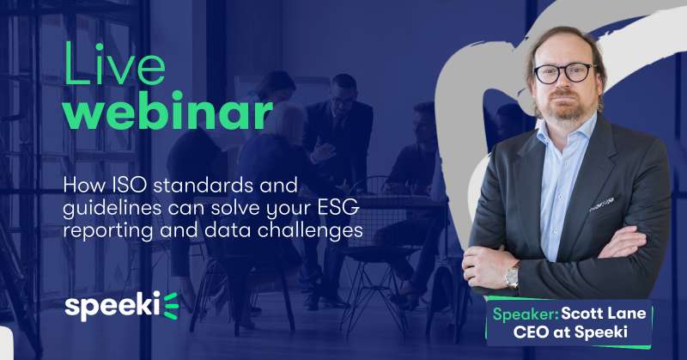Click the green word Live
point(115,64)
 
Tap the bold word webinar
point(167,110)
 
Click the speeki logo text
point(112,306)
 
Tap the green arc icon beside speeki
point(171,306)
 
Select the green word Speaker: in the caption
point(525,314)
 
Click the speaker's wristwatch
point(512,278)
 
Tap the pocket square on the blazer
point(602,204)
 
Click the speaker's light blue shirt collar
point(566,129)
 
